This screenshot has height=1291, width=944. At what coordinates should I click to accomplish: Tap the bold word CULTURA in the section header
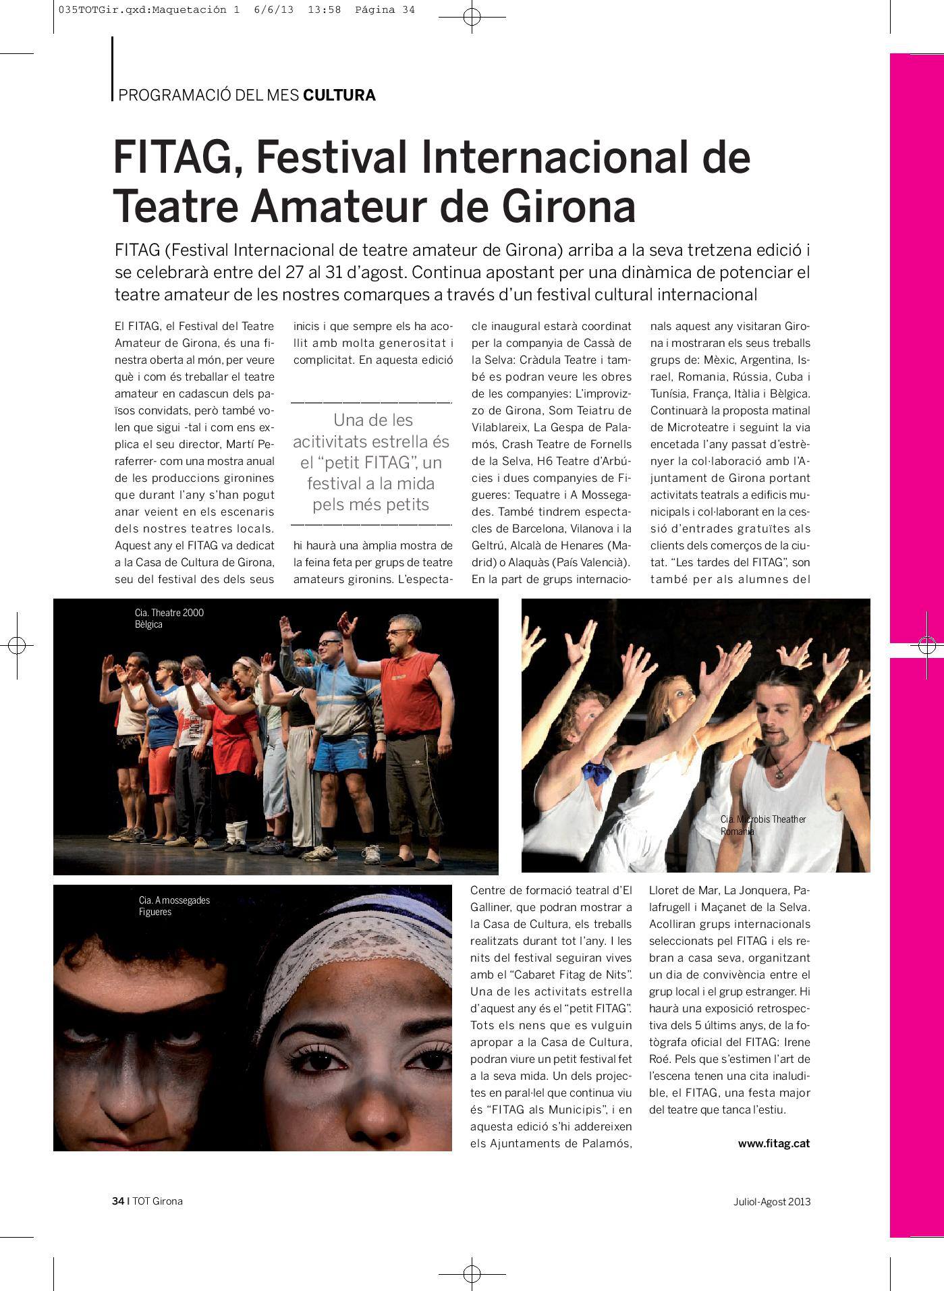(x=339, y=95)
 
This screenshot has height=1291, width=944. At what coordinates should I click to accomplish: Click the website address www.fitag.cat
(x=773, y=1143)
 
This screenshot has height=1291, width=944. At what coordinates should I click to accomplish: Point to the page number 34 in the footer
(x=118, y=1201)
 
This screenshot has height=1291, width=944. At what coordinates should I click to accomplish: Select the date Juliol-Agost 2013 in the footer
(x=772, y=1202)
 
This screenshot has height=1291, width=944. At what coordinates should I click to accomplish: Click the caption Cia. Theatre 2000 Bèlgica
(x=169, y=618)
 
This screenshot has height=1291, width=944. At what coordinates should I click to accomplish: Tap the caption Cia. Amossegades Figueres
(x=174, y=906)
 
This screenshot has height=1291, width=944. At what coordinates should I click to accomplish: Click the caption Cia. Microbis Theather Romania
(x=762, y=825)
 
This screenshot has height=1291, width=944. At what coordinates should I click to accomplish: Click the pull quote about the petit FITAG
(x=371, y=462)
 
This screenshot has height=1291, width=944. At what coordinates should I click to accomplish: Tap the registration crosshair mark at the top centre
(x=472, y=18)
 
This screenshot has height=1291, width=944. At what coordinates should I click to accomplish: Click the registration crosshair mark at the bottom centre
(x=472, y=1271)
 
